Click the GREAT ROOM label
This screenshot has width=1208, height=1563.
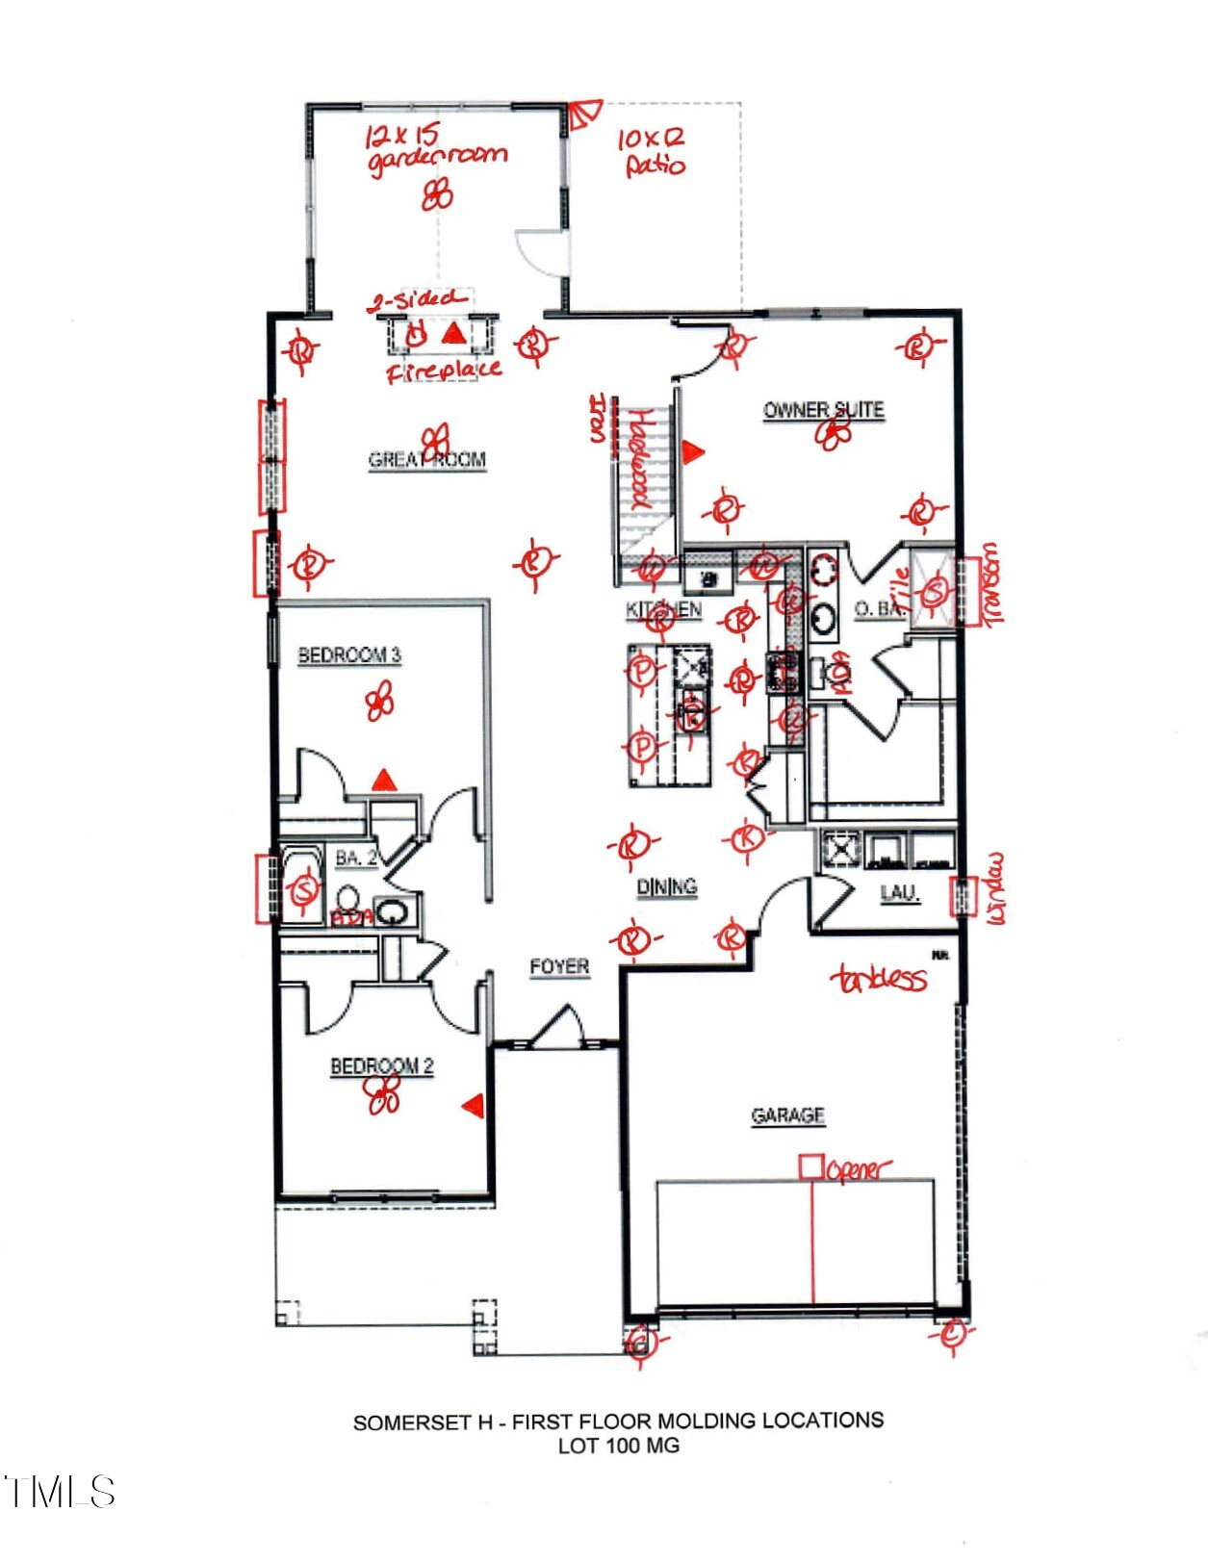[426, 460]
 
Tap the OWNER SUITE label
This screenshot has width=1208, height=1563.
[823, 410]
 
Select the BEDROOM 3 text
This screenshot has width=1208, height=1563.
[348, 655]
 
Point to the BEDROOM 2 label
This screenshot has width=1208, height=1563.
[381, 1066]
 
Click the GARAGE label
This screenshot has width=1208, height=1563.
[787, 1115]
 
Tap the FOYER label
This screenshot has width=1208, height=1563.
[559, 966]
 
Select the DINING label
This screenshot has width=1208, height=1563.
[666, 886]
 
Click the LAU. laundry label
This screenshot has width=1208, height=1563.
[900, 893]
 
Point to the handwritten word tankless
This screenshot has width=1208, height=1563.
[879, 979]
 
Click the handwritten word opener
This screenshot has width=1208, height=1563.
[859, 1170]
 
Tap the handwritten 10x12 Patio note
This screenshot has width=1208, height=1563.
[653, 152]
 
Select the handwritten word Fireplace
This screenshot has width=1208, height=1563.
[444, 370]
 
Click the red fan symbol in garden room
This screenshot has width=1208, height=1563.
[437, 195]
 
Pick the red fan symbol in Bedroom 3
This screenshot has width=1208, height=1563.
[380, 702]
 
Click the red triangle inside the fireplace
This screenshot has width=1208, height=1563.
[453, 334]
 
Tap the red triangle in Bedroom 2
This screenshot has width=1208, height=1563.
[473, 1106]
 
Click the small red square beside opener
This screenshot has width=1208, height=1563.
[810, 1167]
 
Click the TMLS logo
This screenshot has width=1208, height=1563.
[60, 1492]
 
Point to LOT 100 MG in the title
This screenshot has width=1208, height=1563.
[618, 1446]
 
